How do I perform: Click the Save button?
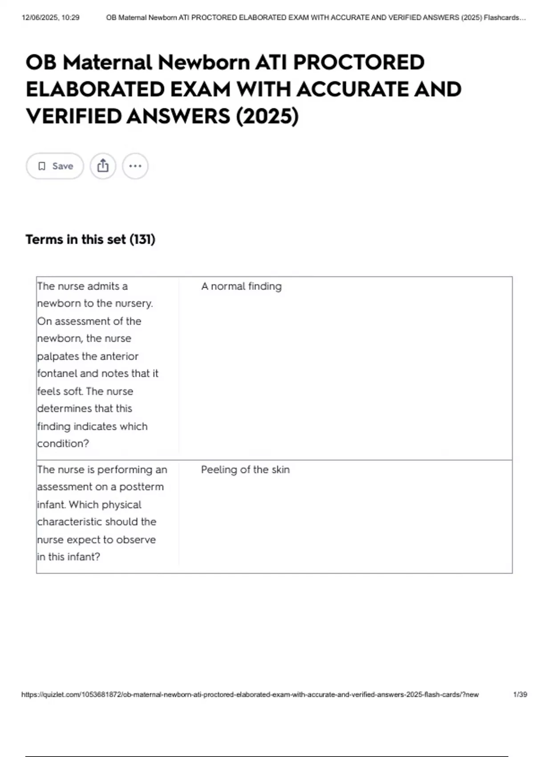[55, 166]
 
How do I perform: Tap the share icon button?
[103, 166]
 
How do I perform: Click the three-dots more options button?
[135, 166]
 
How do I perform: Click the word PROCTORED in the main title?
[358, 62]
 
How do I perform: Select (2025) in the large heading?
[267, 116]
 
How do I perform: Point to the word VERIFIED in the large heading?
[73, 116]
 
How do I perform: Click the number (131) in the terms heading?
[142, 240]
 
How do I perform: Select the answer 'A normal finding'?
[241, 286]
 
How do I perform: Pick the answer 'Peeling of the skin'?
[245, 470]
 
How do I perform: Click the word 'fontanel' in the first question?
[57, 374]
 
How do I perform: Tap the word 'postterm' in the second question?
[142, 487]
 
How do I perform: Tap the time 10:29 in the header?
[71, 18]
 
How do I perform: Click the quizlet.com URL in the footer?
[250, 695]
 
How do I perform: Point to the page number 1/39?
[520, 695]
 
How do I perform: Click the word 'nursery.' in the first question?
[134, 304]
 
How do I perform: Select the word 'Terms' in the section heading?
[44, 240]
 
